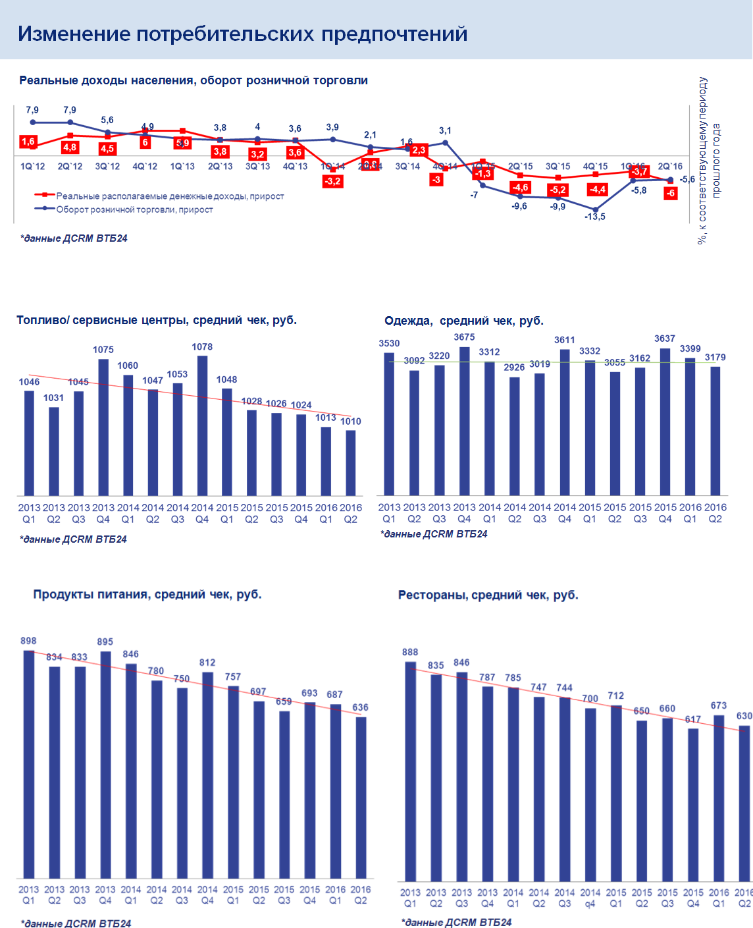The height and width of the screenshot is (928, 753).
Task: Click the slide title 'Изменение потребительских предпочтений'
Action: (x=242, y=34)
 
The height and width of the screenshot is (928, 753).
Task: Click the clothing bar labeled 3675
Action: (x=464, y=421)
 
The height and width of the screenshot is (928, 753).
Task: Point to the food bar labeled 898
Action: (x=29, y=764)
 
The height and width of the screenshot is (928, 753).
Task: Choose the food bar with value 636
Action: (x=361, y=797)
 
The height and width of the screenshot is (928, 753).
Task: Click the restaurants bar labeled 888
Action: (x=410, y=771)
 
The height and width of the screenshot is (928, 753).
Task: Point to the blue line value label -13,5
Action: (x=595, y=217)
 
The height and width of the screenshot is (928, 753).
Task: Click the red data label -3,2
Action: (x=332, y=181)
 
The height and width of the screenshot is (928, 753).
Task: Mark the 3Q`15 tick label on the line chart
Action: (x=558, y=167)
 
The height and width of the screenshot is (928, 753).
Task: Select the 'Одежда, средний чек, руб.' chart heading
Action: (x=464, y=321)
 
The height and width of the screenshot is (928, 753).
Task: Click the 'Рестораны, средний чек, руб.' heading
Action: (x=488, y=595)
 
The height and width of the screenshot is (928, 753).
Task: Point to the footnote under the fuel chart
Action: (x=74, y=539)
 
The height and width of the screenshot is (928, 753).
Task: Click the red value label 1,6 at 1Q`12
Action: (x=28, y=142)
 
